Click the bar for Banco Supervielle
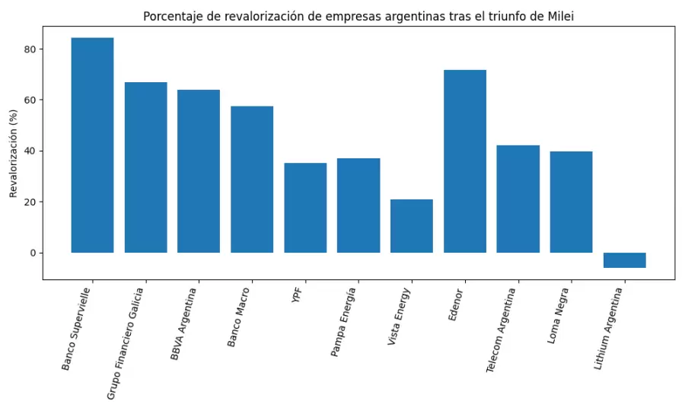click(x=92, y=145)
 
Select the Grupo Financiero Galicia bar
click(x=145, y=167)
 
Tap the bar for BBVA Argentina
click(x=199, y=171)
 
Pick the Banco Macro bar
click(x=252, y=179)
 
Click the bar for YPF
click(x=305, y=208)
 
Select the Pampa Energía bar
click(x=358, y=205)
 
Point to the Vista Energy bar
click(x=412, y=226)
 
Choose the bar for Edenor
click(x=465, y=161)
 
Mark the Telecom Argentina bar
click(x=518, y=199)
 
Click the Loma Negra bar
click(x=571, y=202)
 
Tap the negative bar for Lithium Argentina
click(x=624, y=260)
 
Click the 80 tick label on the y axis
click(x=28, y=49)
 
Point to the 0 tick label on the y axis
click(x=31, y=253)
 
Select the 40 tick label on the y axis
click(x=28, y=151)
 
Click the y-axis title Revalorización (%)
click(x=13, y=152)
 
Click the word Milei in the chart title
click(x=559, y=16)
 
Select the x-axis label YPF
click(x=298, y=296)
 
